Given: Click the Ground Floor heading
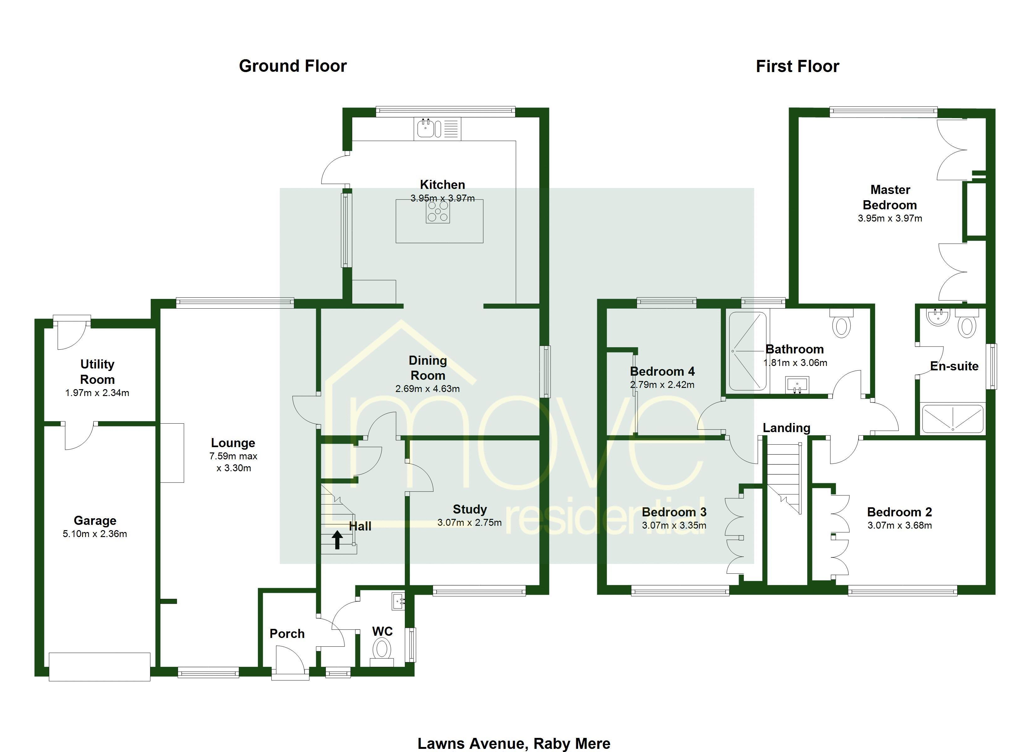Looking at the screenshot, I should (293, 66).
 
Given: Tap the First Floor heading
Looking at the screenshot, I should (797, 66).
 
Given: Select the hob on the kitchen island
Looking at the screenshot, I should (438, 211).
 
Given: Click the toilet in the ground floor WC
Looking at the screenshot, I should (382, 649).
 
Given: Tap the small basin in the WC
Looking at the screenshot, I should (398, 601).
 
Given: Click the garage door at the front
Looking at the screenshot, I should (99, 667).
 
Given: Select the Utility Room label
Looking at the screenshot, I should (97, 372).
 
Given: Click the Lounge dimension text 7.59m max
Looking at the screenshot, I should (233, 456).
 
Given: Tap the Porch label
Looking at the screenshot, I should (287, 634).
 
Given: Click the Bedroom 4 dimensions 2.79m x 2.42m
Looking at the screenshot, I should (662, 385).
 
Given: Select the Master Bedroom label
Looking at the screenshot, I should (890, 197).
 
